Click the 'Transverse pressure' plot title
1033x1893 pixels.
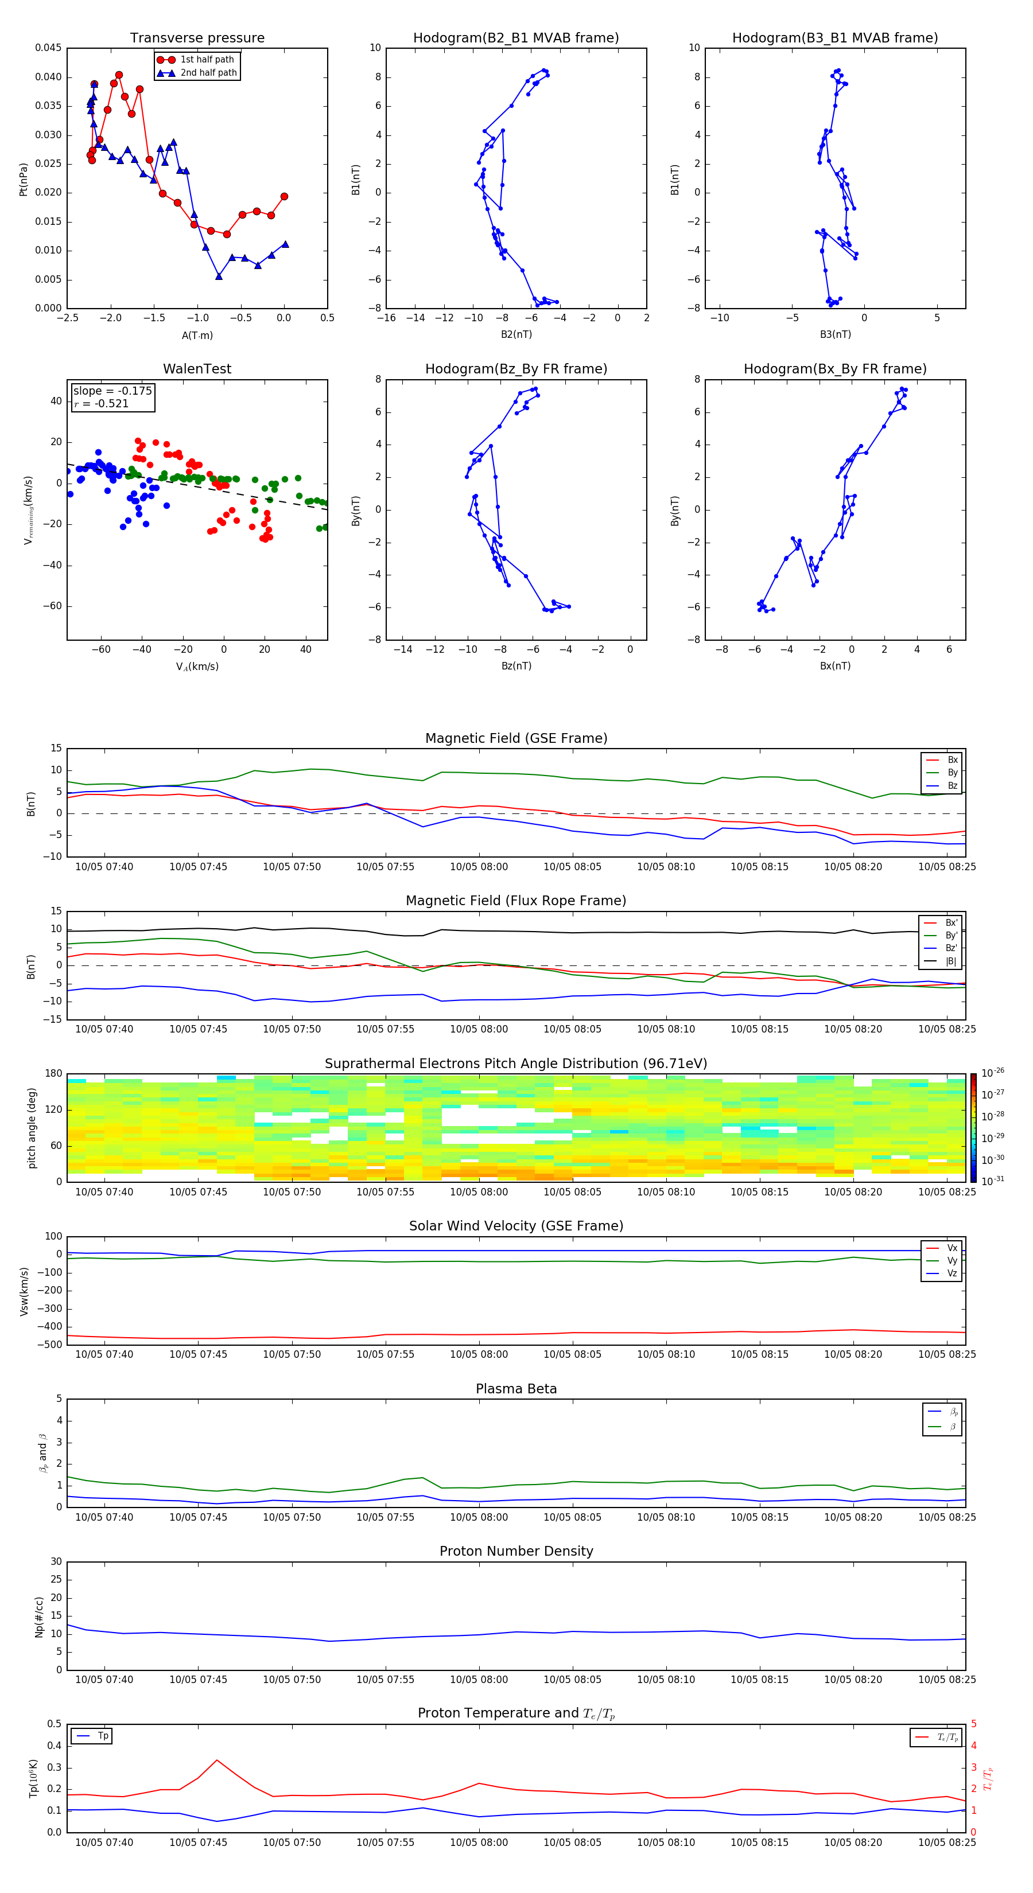[197, 38]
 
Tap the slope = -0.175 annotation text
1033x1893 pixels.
[112, 391]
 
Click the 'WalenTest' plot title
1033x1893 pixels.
[197, 369]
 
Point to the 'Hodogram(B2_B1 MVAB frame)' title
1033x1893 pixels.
[515, 38]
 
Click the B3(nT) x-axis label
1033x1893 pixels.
[835, 334]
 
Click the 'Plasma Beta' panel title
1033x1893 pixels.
[515, 1389]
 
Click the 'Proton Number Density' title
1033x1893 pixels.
[515, 1551]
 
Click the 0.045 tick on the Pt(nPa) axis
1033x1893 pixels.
[49, 49]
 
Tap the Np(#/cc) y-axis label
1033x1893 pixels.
[39, 1617]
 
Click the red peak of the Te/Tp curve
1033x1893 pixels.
[217, 1760]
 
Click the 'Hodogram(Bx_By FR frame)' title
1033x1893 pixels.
[834, 369]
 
